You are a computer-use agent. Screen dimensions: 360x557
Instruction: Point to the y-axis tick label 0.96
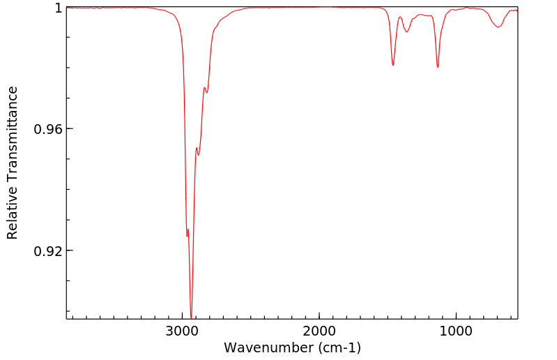[49, 129]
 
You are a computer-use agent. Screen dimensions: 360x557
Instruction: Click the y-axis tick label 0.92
[49, 250]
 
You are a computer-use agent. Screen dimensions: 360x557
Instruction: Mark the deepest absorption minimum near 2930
[191, 317]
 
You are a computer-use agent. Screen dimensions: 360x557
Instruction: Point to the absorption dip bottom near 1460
[393, 66]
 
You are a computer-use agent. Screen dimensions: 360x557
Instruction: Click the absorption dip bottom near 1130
[438, 67]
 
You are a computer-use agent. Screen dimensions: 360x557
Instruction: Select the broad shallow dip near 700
[498, 27]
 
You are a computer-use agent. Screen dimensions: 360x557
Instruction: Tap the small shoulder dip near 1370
[406, 31]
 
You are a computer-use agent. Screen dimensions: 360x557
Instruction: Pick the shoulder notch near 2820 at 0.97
[206, 93]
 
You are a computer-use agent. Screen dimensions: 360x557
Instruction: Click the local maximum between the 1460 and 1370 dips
[400, 17]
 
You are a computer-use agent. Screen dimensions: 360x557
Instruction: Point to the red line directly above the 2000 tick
[319, 7]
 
